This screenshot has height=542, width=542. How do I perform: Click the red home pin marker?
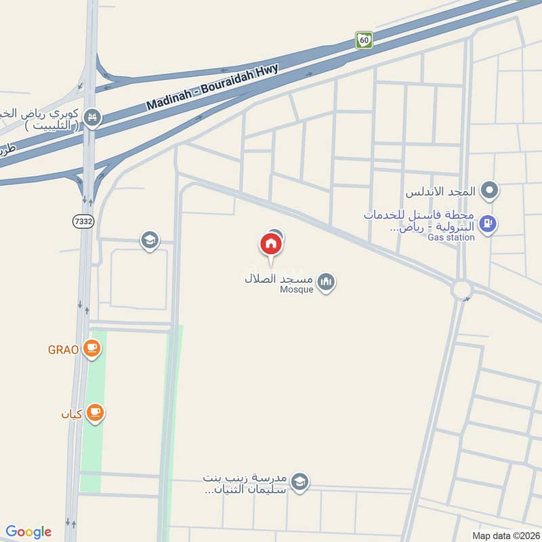[270, 245]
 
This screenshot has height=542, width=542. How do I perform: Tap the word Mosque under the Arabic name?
[297, 290]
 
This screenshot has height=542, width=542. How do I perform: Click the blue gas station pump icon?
[487, 223]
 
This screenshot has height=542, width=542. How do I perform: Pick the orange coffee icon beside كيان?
[95, 413]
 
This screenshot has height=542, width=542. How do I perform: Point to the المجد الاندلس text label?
[440, 192]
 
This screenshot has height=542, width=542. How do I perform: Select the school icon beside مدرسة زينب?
[299, 482]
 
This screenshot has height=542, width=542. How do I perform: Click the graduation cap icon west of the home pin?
[149, 239]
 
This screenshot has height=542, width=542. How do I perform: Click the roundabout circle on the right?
[463, 289]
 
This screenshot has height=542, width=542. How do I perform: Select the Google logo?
[28, 532]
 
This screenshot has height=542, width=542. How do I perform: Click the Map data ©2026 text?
[505, 535]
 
